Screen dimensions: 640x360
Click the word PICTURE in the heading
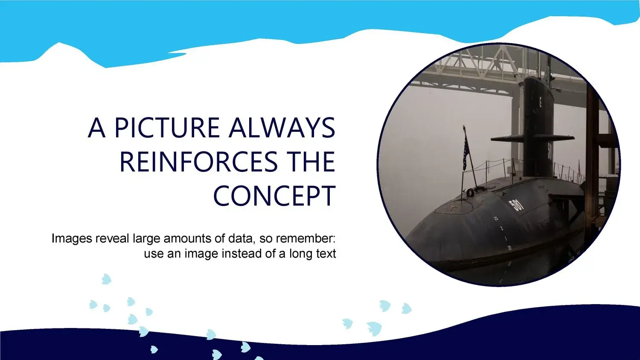[167, 128]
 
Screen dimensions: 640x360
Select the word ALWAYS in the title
[282, 128]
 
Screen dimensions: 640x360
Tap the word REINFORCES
[198, 162]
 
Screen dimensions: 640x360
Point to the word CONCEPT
[274, 196]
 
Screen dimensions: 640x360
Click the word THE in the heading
[311, 162]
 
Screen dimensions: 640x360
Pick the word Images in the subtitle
[72, 239]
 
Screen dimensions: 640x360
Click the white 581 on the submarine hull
[517, 205]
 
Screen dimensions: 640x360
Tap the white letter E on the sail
[540, 102]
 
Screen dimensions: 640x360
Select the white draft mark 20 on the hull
[509, 248]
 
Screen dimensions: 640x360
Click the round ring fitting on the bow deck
[470, 192]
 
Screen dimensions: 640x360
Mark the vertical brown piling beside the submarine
[592, 160]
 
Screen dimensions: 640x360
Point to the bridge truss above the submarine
[486, 67]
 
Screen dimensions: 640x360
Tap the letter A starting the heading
[97, 128]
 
